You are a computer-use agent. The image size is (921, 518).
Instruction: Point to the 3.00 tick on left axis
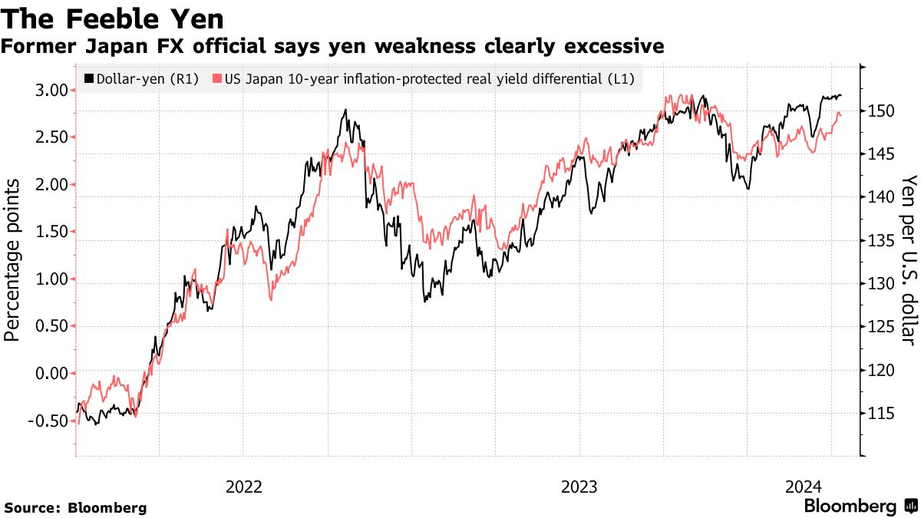click(x=48, y=91)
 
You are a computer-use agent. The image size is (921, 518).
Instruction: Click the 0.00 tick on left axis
click(x=48, y=373)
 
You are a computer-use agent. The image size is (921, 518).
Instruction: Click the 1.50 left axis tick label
click(x=48, y=232)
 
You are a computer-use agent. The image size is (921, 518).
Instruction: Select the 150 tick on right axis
click(x=882, y=111)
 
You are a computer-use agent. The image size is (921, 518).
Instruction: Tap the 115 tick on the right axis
click(x=882, y=414)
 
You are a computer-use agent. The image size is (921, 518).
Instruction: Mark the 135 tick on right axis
click(x=882, y=241)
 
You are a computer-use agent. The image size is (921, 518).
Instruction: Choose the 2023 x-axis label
click(x=579, y=487)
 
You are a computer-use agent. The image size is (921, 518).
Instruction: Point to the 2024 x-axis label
click(x=804, y=487)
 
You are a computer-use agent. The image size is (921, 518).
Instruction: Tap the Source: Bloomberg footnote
click(x=75, y=508)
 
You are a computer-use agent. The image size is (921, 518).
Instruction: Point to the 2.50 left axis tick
click(x=48, y=137)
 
